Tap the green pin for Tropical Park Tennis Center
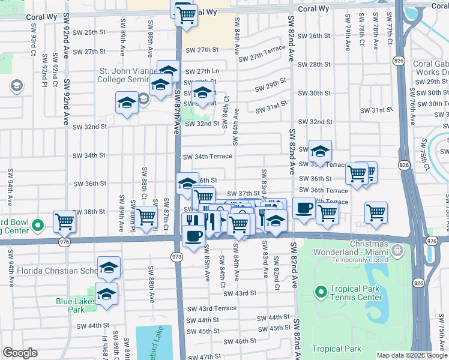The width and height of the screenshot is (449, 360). click(x=321, y=292)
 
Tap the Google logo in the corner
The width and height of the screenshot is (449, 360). click(x=20, y=353)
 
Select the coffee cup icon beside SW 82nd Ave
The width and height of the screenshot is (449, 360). click(x=304, y=208)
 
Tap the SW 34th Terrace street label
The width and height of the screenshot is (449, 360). click(x=207, y=157)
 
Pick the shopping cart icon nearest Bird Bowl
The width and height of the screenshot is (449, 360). click(x=64, y=222)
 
